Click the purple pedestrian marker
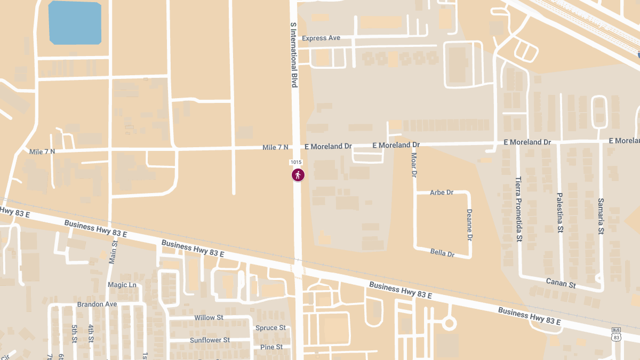coord(298,175)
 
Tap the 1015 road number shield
coord(296,162)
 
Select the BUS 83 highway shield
coord(617,334)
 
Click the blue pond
coord(75,23)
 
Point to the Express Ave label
coord(321,38)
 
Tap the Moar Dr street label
coord(414,165)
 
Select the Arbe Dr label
coord(442,193)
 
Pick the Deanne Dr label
coord(470,224)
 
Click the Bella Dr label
coord(442,253)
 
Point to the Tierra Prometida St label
coord(518,209)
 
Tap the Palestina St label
coord(560,213)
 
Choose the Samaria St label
coord(601,217)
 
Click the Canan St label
coord(561,283)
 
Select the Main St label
coord(113,252)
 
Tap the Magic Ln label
coord(122,285)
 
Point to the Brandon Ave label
coord(97,305)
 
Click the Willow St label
coord(209,318)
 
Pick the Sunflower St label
coord(210,340)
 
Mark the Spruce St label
coord(270,328)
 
